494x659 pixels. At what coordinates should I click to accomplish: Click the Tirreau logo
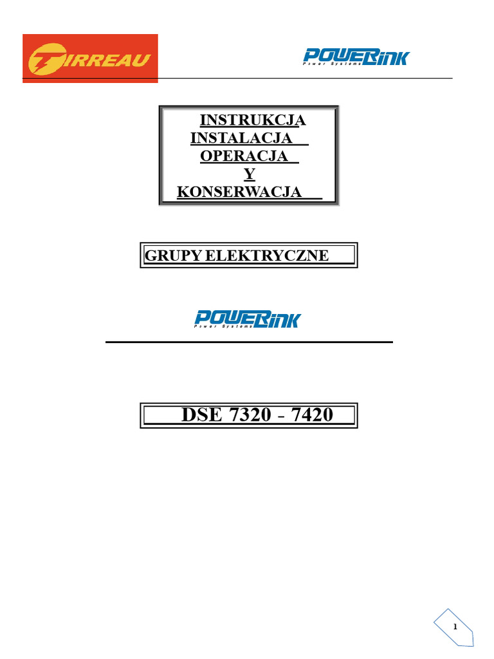[90, 58]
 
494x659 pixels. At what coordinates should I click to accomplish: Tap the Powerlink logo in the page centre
[248, 319]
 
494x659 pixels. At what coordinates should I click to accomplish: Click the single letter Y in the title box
[249, 174]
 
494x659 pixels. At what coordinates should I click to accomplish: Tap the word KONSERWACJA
[239, 192]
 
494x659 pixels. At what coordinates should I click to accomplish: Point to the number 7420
[312, 415]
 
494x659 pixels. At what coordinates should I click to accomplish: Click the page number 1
[455, 627]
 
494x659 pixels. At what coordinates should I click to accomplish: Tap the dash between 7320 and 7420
[283, 416]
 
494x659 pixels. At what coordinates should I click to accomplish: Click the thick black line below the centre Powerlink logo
[249, 342]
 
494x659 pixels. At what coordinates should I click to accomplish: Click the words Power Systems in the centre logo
[221, 327]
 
